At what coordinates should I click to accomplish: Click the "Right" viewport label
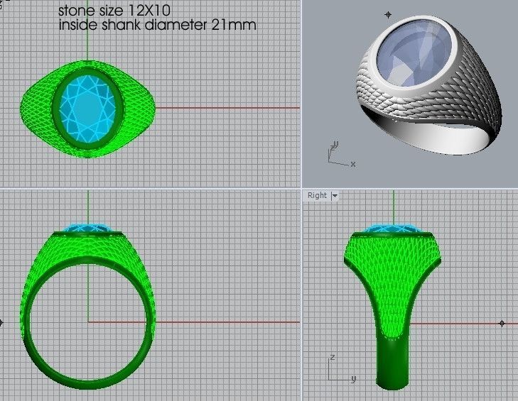click(317, 195)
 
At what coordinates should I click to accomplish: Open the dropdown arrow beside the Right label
click(334, 195)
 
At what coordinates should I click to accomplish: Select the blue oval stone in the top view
click(88, 107)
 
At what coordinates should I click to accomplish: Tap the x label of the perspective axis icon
click(353, 165)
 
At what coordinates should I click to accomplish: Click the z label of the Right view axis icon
click(332, 357)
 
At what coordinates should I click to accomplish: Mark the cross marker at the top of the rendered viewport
click(388, 14)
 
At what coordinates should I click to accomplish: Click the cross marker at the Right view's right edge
click(502, 323)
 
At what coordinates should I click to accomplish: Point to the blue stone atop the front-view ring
click(88, 229)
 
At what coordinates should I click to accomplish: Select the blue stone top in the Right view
click(392, 229)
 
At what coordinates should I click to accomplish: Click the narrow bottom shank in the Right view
click(392, 362)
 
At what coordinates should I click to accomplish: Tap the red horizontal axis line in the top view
click(227, 108)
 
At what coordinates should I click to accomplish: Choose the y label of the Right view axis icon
click(353, 378)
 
